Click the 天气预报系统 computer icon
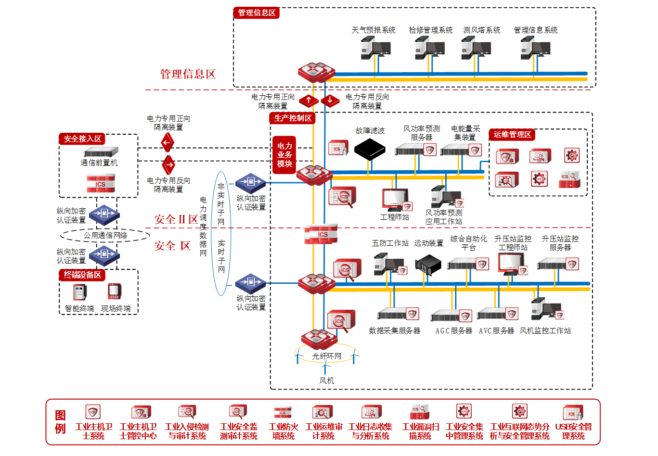coord(375,49)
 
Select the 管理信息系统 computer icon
coord(535,49)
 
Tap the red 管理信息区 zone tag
coord(257,13)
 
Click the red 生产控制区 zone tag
coord(293,118)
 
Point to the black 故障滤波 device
coord(370,149)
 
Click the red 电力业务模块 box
coord(284,155)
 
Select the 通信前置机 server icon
coord(101,152)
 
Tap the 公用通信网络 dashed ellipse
coord(105,235)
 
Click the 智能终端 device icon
coord(80,291)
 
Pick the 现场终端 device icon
coord(114,291)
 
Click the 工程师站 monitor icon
coord(395,199)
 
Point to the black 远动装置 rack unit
coord(428,264)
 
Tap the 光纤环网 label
coord(326,356)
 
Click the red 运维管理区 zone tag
coord(512,135)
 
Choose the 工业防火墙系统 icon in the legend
coord(283,412)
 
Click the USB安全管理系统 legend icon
coord(573,412)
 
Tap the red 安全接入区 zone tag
coord(82,139)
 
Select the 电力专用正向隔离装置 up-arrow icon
coord(309,101)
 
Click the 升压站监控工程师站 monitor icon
coord(511,263)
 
